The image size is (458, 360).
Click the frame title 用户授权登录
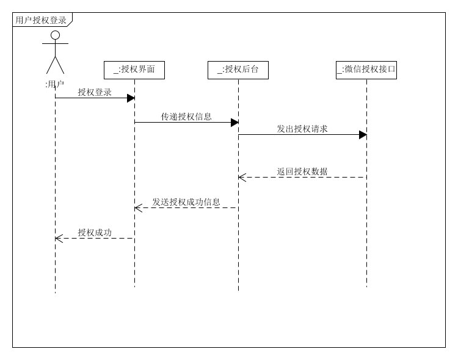pyautogui.click(x=41, y=20)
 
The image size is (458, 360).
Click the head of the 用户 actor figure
pyautogui.click(x=55, y=35)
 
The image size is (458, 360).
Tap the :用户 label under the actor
pyautogui.click(x=55, y=84)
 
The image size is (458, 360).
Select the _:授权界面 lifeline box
pyautogui.click(x=134, y=70)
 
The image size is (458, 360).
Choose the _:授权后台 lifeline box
pyautogui.click(x=238, y=70)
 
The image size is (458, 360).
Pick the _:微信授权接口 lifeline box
pyautogui.click(x=366, y=70)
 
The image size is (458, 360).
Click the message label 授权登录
pyautogui.click(x=95, y=92)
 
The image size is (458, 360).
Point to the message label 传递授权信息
pyautogui.click(x=186, y=117)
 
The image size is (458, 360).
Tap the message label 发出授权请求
pyautogui.click(x=302, y=129)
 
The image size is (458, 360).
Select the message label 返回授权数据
pyautogui.click(x=302, y=171)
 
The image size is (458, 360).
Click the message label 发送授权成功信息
pyautogui.click(x=186, y=202)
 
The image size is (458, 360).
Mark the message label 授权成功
pyautogui.click(x=95, y=232)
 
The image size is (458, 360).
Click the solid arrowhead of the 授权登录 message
pyautogui.click(x=131, y=98)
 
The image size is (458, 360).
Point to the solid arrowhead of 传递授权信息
pyautogui.click(x=234, y=123)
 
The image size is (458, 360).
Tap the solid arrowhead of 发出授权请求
pyautogui.click(x=363, y=135)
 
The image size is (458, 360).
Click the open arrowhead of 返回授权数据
pyautogui.click(x=242, y=178)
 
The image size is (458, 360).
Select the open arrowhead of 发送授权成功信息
pyautogui.click(x=138, y=208)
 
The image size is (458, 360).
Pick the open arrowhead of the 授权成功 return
pyautogui.click(x=59, y=239)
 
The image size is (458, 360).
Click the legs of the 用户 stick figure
pyautogui.click(x=55, y=66)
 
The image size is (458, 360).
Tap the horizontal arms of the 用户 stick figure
pyautogui.click(x=55, y=44)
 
